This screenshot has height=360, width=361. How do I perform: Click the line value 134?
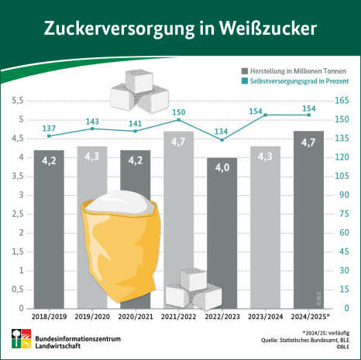[222, 131]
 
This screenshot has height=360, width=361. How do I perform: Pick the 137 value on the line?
[49, 128]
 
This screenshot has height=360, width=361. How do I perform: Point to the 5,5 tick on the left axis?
[15, 101]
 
